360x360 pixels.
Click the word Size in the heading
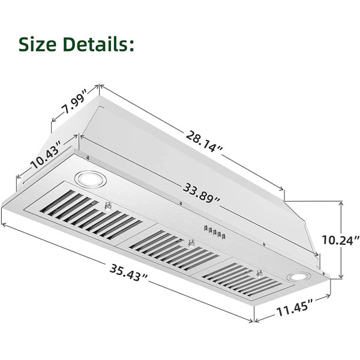pos(37,44)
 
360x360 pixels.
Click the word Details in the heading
pos(95,44)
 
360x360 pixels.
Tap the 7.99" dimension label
pos(74,103)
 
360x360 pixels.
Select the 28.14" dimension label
pos(204,141)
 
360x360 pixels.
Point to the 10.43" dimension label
pos(46,155)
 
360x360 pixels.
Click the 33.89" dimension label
pos(201,193)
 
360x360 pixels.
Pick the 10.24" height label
pos(341,240)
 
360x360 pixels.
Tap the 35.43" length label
pos(128,272)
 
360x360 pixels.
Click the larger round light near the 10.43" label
pos(90,179)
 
